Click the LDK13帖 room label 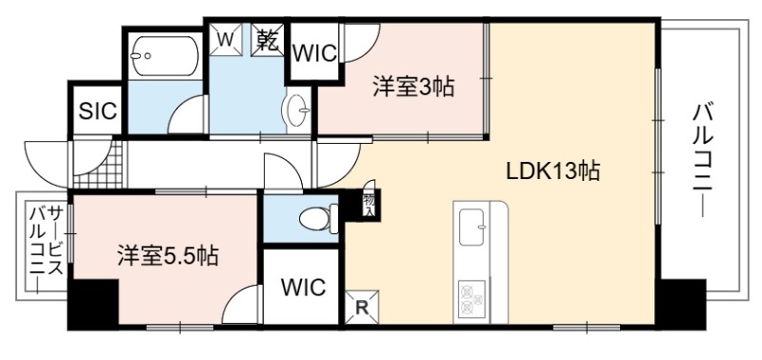coord(552,171)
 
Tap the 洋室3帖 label coord(413,87)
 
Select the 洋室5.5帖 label coord(168,255)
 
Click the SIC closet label coord(98,111)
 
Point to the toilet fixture coord(319,218)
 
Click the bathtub coord(165,56)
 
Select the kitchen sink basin coord(471,227)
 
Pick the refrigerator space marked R coord(361,307)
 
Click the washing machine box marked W coord(226,39)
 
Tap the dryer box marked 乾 coord(268,40)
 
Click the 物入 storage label coord(369,205)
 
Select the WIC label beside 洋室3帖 coord(314,53)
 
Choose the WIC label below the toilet coord(303,287)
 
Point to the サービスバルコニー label coord(47,249)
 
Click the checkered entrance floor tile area coord(98,164)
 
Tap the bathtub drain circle coord(148,56)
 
